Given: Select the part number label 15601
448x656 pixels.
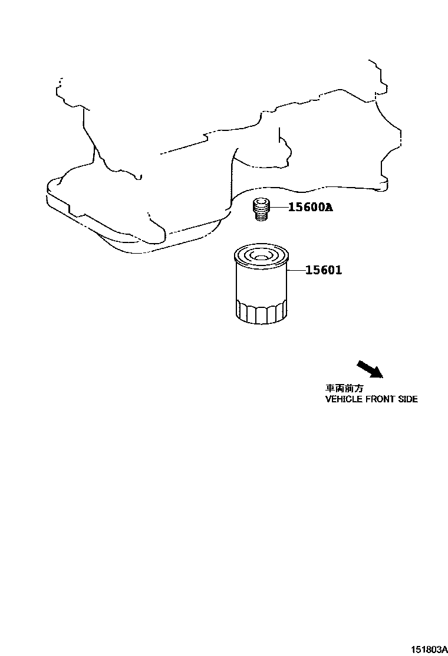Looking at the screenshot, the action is point(324,270).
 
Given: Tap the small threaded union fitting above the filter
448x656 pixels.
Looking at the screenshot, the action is point(260,210).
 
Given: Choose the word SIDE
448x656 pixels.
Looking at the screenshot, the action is point(409,399).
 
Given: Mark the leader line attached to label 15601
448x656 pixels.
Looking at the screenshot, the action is point(297,270).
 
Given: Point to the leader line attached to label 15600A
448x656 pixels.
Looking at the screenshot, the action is point(279,207).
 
